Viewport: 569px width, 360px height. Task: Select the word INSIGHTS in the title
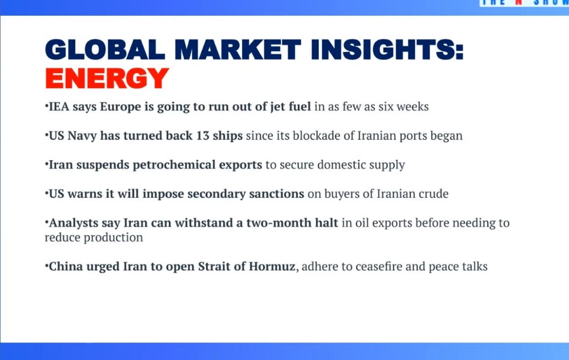point(387,50)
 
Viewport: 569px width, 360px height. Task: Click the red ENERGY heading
point(107,78)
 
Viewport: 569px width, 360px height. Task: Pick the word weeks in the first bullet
point(412,107)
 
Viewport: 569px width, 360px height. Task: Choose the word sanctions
point(273,194)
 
